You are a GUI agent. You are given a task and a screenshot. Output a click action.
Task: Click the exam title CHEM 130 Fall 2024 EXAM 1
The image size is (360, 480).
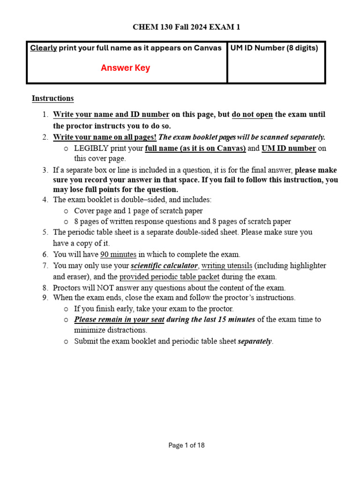tap(187, 27)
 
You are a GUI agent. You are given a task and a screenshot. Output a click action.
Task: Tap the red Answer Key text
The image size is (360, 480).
tap(125, 68)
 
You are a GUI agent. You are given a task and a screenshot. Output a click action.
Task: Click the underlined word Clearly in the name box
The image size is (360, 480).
tap(44, 48)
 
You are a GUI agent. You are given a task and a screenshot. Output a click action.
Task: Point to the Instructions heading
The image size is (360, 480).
tap(52, 98)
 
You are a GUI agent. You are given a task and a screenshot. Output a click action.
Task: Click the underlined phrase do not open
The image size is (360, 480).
tap(252, 114)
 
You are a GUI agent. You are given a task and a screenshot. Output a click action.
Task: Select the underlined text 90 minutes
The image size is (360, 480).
tap(118, 255)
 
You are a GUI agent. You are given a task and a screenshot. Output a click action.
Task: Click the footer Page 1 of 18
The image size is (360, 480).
tap(187, 445)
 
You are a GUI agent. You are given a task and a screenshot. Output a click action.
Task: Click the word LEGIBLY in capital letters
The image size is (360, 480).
tap(91, 148)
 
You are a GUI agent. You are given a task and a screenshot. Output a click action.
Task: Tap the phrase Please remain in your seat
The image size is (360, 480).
tap(119, 320)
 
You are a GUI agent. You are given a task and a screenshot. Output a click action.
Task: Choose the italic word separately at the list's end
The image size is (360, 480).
tap(255, 341)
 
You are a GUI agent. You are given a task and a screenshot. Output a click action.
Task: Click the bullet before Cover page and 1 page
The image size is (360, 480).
tap(66, 211)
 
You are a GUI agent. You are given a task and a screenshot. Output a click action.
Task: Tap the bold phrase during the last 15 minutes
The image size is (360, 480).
tap(210, 320)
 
